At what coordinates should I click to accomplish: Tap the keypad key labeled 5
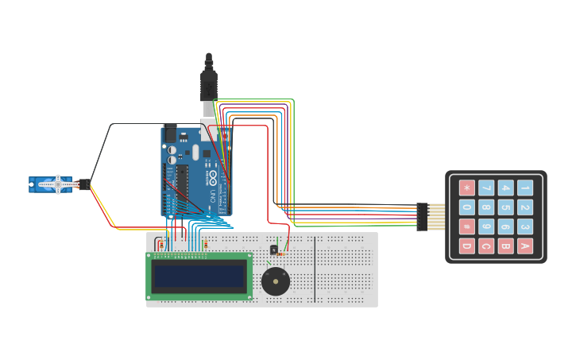505,207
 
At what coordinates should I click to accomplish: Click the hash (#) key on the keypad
467,226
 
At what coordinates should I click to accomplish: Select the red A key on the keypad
524,246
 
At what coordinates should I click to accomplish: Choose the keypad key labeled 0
467,207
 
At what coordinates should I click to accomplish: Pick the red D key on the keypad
467,246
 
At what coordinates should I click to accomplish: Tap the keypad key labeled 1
524,188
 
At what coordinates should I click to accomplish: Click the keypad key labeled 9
486,226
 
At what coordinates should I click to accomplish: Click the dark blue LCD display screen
199,276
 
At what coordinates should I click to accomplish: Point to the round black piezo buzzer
276,281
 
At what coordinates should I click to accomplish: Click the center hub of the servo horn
57,184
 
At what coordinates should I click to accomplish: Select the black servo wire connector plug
83,184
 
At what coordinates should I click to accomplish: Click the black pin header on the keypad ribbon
422,217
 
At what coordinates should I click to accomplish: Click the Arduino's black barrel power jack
170,133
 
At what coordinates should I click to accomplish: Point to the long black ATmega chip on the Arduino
183,188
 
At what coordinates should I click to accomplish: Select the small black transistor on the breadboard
273,250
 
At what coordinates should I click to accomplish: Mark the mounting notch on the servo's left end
32,185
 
